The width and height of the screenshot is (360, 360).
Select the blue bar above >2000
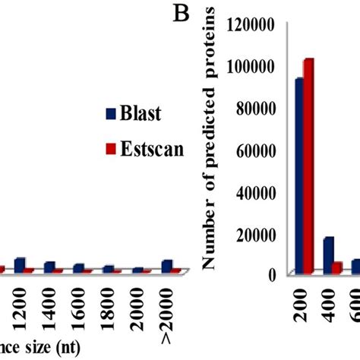tap(166, 265)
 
